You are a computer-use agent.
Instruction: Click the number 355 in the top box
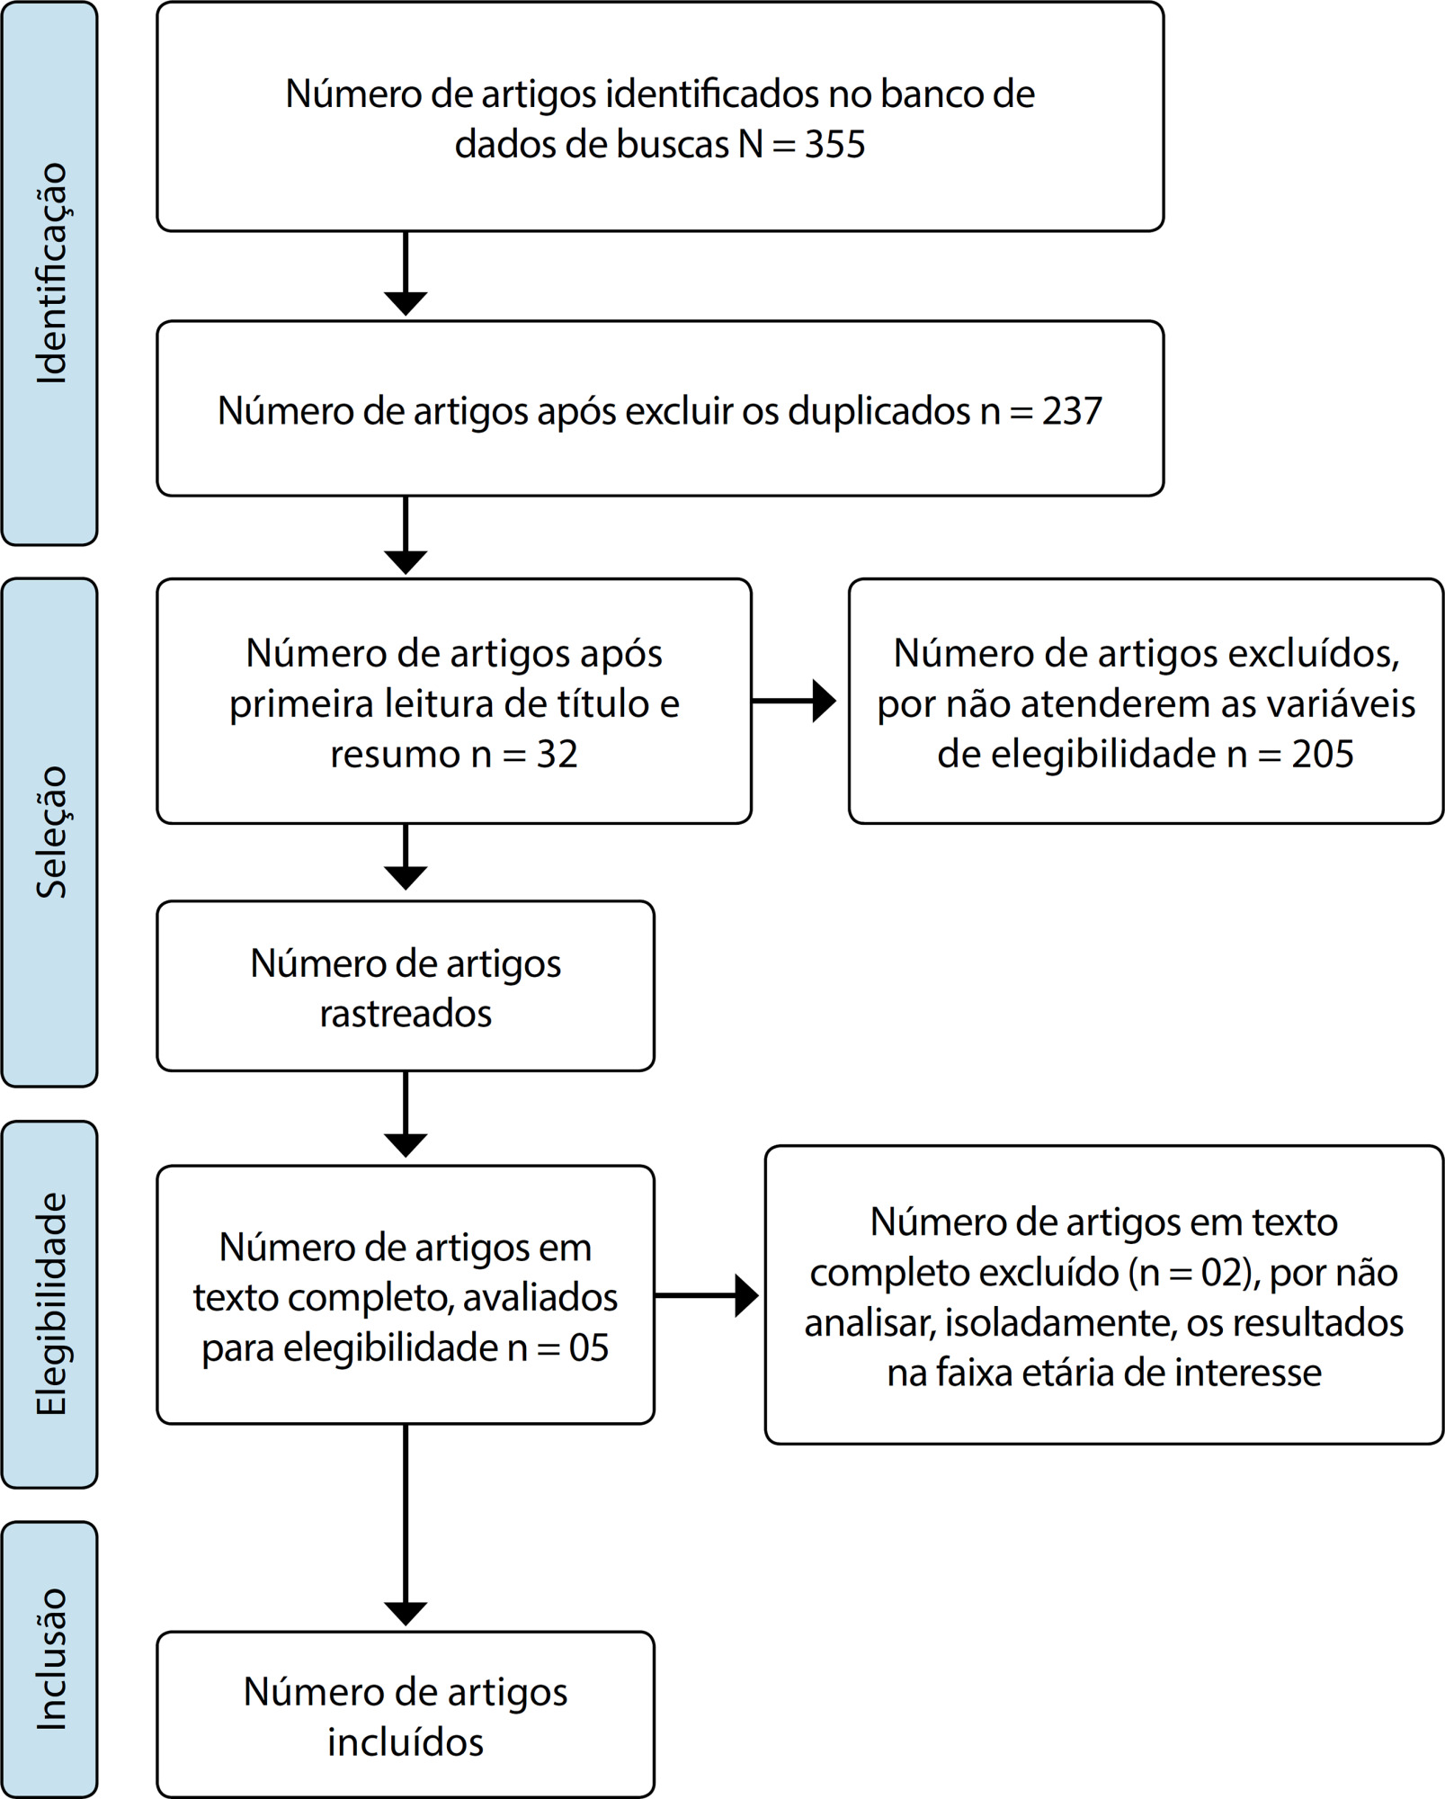(834, 144)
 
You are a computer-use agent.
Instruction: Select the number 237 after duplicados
(1072, 411)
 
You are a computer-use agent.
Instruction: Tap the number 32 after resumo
(557, 754)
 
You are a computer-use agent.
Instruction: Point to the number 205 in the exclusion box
(1323, 754)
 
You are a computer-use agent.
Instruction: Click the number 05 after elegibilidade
(589, 1347)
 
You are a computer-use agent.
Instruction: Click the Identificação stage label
(52, 273)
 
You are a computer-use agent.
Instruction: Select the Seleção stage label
(52, 832)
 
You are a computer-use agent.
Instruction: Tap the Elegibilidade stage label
(52, 1303)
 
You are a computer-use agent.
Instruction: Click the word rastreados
(406, 1014)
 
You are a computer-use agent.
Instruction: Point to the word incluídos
(406, 1742)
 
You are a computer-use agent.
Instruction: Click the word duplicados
(879, 411)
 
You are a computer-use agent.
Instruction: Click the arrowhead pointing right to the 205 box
(824, 701)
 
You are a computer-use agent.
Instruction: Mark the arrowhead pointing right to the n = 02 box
(746, 1295)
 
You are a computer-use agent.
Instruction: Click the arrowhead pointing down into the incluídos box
(406, 1614)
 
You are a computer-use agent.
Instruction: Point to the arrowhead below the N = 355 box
(406, 304)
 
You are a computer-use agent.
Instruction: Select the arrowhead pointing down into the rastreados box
(406, 878)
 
